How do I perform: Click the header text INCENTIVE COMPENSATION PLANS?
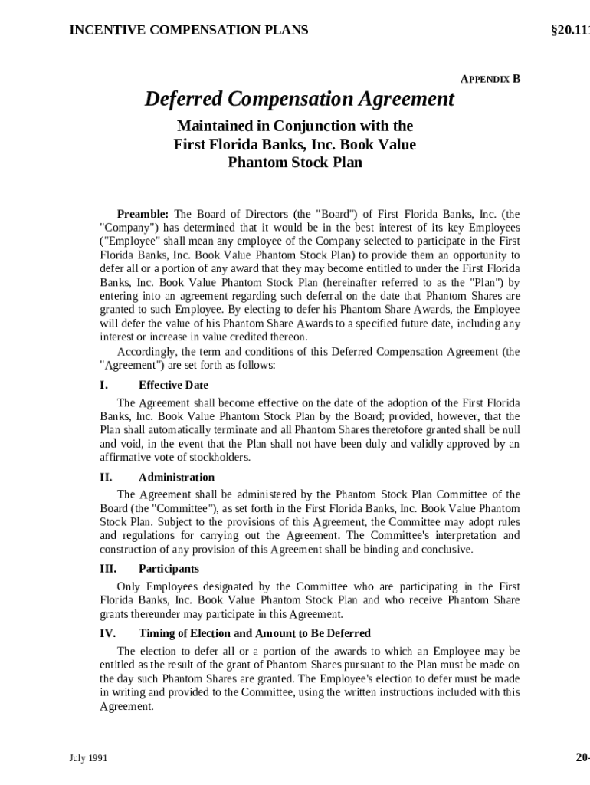[x=188, y=30]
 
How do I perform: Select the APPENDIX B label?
[x=490, y=79]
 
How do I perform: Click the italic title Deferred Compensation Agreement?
[x=300, y=100]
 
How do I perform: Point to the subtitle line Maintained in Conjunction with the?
[x=295, y=126]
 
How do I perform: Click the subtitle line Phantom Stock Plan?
[x=295, y=163]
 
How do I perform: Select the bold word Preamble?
[x=143, y=213]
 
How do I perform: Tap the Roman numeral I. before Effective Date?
[x=103, y=385]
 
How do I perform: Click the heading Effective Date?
[x=173, y=385]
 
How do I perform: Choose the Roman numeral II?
[x=106, y=478]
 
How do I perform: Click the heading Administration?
[x=176, y=478]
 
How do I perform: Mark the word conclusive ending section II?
[x=447, y=550]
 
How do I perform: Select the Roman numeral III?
[x=108, y=569]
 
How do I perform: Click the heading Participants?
[x=169, y=569]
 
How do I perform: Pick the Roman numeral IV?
[x=107, y=633]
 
